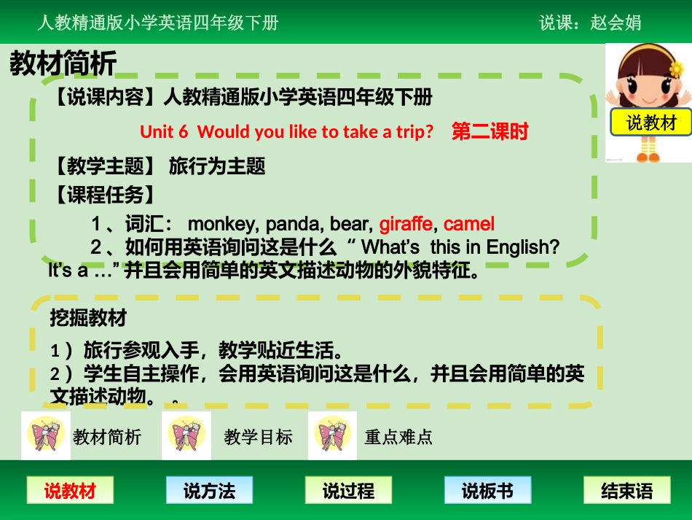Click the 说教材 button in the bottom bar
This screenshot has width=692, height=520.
point(70,491)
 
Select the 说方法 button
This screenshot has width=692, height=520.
point(209,491)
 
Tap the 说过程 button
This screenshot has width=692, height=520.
point(347,491)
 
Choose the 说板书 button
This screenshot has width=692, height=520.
point(487,491)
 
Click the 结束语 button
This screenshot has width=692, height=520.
point(626,491)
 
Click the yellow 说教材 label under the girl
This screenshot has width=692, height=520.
point(651,123)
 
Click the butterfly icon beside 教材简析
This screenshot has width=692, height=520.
point(46,435)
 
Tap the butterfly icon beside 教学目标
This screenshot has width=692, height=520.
point(186,435)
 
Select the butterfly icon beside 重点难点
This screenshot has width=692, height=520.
point(332,435)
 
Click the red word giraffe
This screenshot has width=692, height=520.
point(406,223)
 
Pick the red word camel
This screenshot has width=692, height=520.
point(468,223)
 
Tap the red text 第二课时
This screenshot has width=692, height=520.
point(489,131)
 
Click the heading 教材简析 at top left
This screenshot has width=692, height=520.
point(63,64)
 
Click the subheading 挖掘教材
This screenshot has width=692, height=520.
point(88,318)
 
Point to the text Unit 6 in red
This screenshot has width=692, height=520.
point(164,131)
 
